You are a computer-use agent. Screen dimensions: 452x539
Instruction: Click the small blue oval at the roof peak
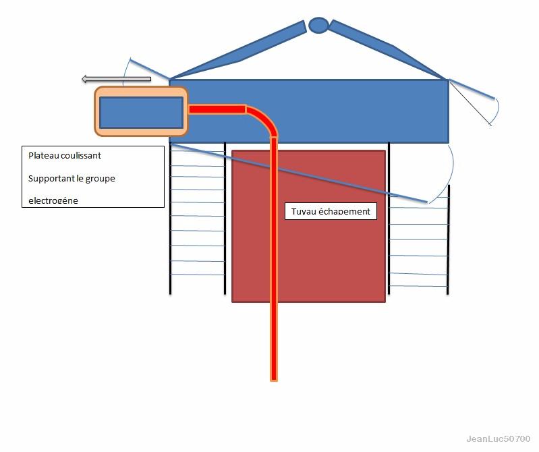click(318, 26)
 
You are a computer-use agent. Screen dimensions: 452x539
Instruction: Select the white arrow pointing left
click(116, 80)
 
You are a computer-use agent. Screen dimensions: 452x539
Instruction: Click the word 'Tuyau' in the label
click(302, 211)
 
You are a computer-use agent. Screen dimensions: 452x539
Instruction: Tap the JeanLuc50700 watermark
click(498, 439)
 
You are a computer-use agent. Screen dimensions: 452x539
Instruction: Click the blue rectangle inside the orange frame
click(141, 112)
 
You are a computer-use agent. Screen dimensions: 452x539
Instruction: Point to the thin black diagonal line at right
click(471, 103)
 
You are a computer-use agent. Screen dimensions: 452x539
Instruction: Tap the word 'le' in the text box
click(79, 178)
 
